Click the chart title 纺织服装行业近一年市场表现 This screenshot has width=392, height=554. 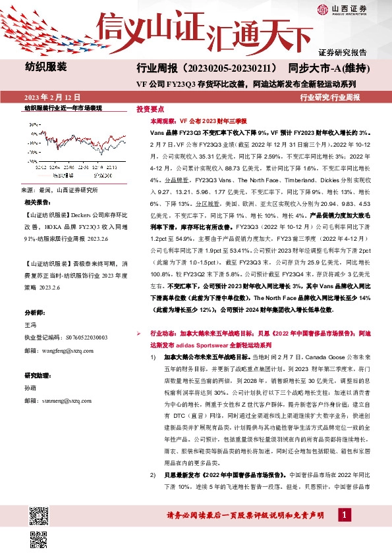(x=63, y=107)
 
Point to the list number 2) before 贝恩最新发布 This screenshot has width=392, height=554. (x=153, y=474)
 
